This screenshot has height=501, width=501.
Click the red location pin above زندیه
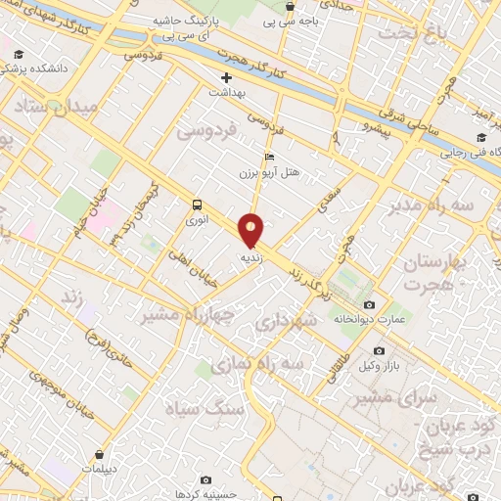(x=251, y=231)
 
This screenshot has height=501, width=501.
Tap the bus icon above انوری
(x=198, y=205)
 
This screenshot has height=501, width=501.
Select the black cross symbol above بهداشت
(x=227, y=76)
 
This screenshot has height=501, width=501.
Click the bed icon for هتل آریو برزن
(x=269, y=157)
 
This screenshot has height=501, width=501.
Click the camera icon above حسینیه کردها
(x=205, y=479)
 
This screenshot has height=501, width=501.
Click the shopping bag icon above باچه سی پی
(x=290, y=6)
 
